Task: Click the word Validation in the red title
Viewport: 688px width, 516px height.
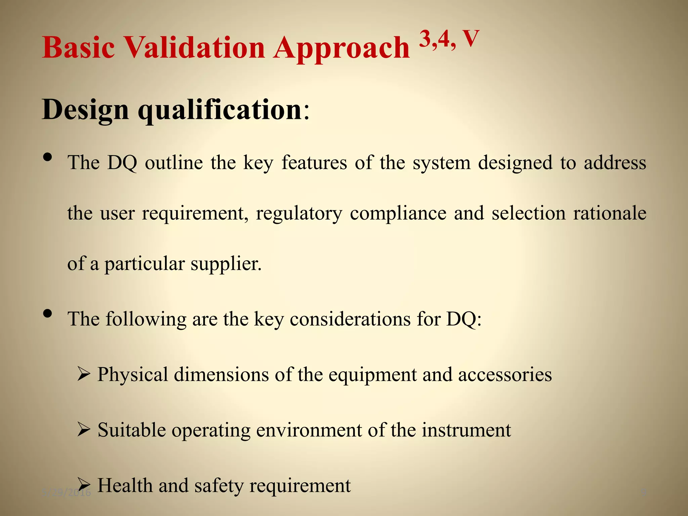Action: (195, 47)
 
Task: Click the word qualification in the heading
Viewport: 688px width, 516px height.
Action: (220, 110)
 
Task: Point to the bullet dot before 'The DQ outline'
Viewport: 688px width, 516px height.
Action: (48, 157)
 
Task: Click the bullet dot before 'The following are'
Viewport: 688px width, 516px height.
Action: (48, 313)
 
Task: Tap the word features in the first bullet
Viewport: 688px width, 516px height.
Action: (314, 163)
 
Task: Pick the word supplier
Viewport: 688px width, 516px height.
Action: (226, 264)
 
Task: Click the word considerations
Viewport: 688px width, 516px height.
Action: (350, 319)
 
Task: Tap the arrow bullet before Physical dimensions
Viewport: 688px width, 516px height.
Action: (84, 374)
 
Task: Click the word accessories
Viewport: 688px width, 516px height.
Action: (505, 374)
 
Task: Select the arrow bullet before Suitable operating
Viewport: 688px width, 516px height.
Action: (84, 429)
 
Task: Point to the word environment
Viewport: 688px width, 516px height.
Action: (309, 430)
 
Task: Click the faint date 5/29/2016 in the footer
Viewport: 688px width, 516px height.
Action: (67, 492)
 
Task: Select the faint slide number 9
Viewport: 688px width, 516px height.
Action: (643, 492)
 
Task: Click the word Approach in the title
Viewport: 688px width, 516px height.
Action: (341, 48)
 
